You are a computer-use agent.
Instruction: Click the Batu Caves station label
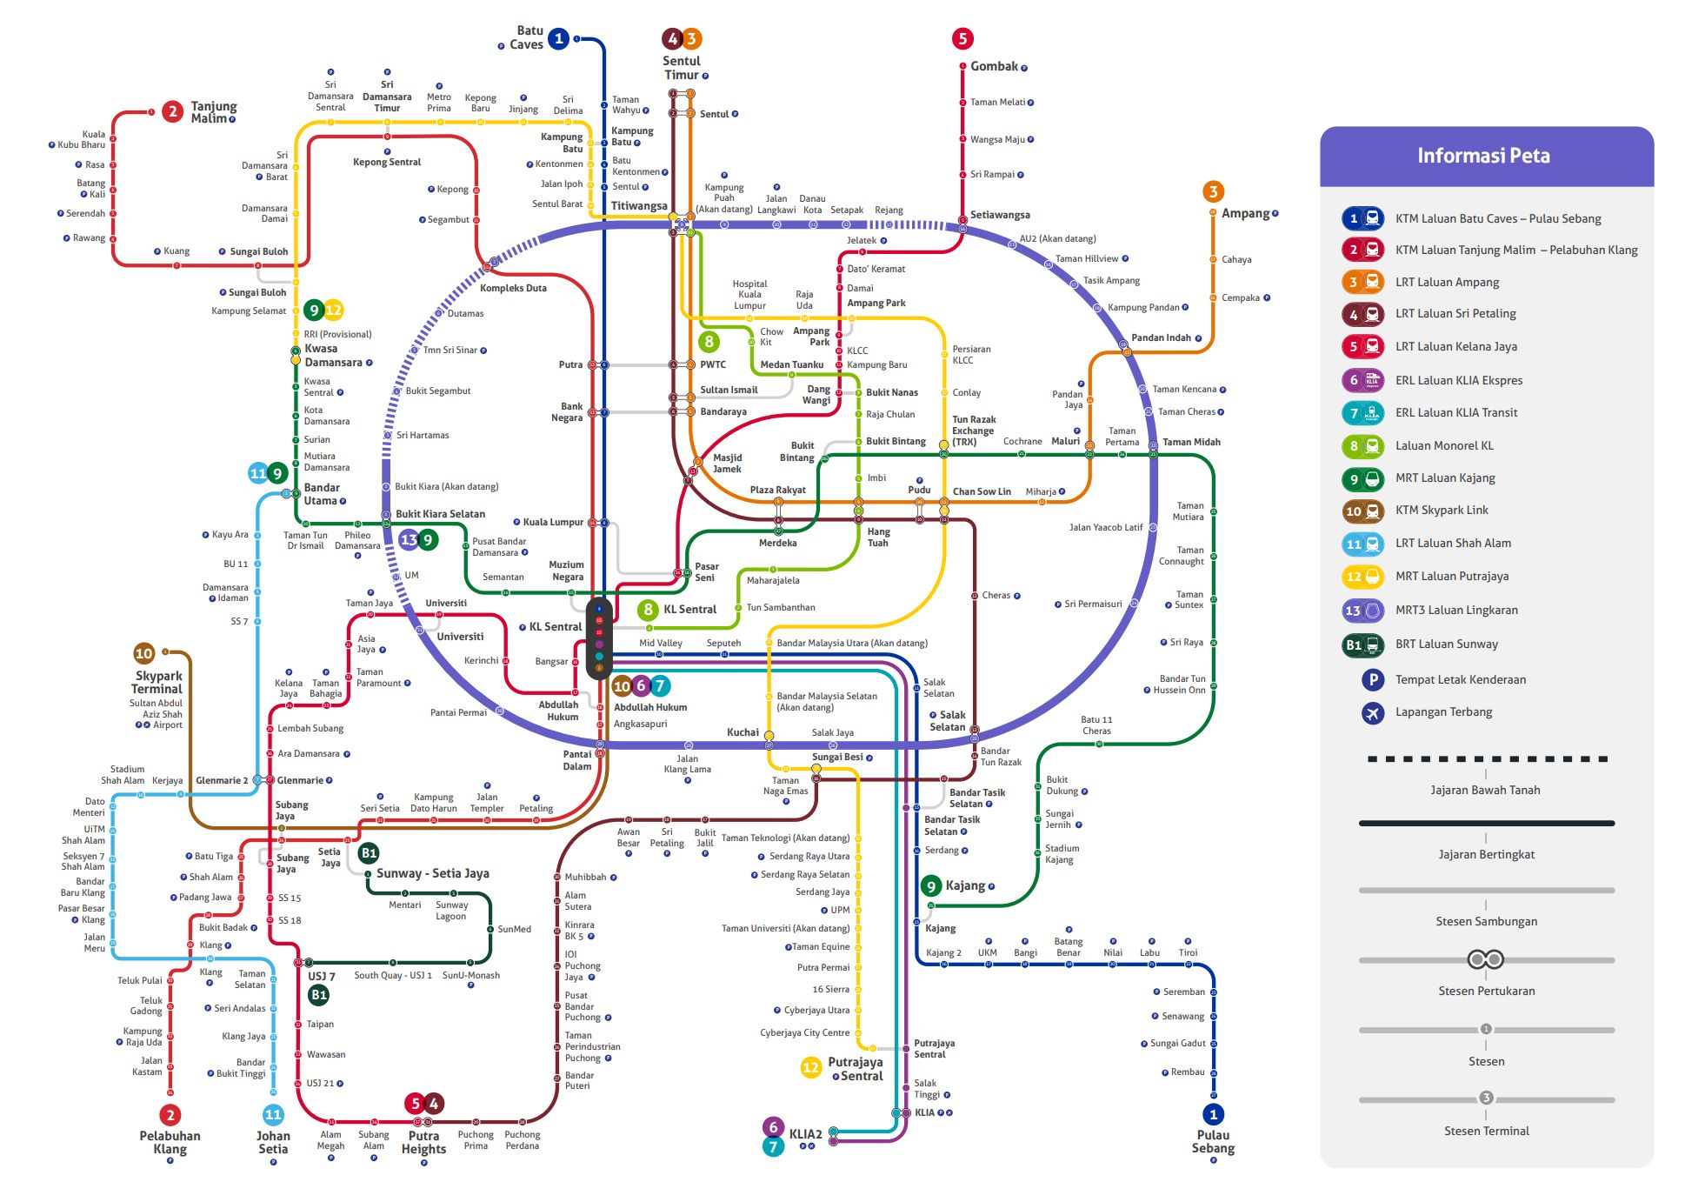coord(526,37)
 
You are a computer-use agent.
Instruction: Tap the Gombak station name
coord(994,66)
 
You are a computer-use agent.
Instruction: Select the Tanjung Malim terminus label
coord(213,112)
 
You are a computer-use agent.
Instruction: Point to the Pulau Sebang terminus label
coord(1213,1141)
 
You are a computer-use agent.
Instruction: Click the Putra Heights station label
coord(423,1142)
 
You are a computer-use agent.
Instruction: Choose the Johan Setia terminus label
coord(273,1142)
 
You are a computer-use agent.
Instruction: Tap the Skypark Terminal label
coord(157,682)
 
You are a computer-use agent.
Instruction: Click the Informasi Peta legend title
coord(1483,156)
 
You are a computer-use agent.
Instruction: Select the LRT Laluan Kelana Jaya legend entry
coord(1455,346)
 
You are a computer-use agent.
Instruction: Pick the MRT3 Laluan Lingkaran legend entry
coord(1456,610)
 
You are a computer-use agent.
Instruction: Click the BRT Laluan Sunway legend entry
coord(1447,644)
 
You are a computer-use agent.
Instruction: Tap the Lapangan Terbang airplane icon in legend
coord(1372,713)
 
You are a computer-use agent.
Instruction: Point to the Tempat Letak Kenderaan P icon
coord(1372,680)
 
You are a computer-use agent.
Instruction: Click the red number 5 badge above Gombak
coord(962,38)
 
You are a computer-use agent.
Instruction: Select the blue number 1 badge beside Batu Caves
coord(559,38)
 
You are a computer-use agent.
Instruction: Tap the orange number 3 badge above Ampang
coord(1213,191)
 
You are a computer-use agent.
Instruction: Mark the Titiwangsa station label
coord(639,206)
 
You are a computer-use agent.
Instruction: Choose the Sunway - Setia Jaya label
coord(432,873)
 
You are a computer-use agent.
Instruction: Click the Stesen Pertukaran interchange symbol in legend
coord(1485,959)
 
